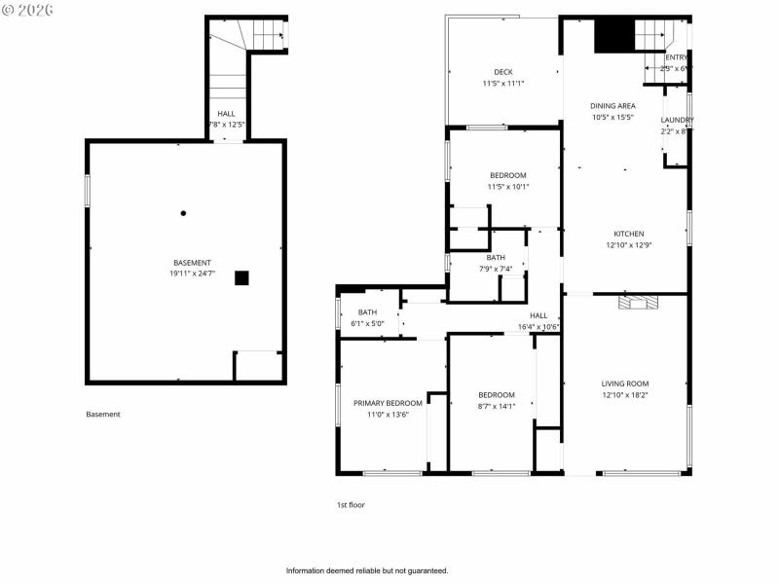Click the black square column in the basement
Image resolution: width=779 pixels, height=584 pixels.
point(241,277)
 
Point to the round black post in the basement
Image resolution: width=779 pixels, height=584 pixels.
point(183,213)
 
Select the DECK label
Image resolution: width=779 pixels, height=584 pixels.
point(502,72)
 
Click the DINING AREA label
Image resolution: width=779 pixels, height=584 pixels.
point(612,105)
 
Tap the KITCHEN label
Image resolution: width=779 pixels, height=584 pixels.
point(628,234)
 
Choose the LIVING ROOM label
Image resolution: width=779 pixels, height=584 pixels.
point(624,383)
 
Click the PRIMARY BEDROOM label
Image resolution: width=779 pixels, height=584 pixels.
point(388,403)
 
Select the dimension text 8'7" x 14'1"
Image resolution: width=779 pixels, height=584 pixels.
point(496,407)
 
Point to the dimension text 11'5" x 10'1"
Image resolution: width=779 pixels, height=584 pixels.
point(507,187)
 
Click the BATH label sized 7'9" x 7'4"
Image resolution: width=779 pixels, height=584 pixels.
point(496,257)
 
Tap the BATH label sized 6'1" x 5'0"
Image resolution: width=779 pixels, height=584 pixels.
point(367,312)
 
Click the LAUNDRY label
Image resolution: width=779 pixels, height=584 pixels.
point(677,120)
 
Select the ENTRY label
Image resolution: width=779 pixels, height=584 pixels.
point(676,57)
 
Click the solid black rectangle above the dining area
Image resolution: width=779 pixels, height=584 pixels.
point(613,36)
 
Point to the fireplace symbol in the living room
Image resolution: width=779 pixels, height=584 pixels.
point(638,303)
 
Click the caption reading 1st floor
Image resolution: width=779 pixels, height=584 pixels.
point(351,505)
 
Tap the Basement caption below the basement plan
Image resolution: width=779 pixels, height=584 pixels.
point(103,415)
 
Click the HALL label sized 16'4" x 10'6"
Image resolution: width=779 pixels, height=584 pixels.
point(538,315)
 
